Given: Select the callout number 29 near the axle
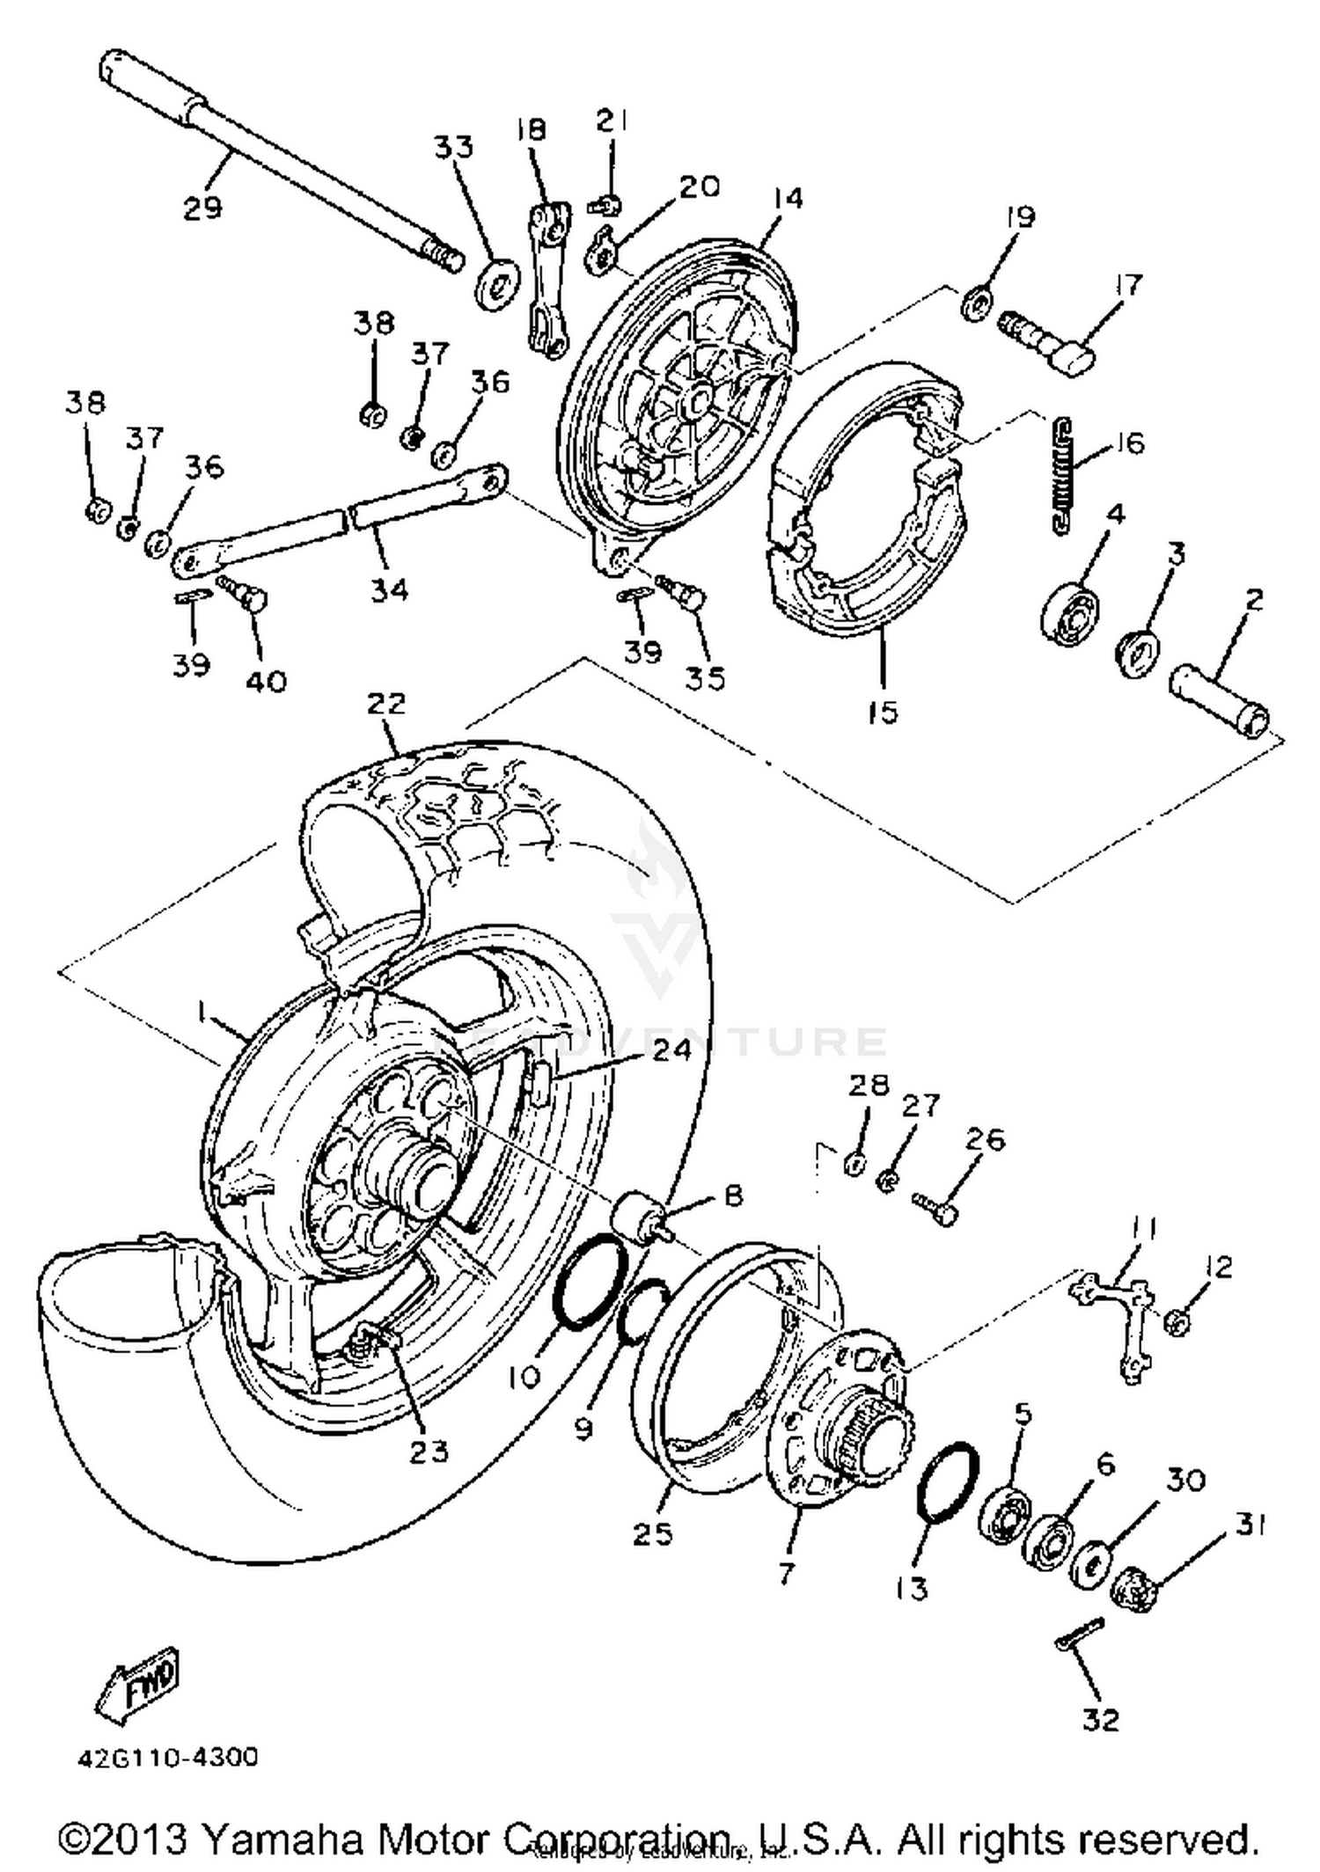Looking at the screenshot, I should pyautogui.click(x=202, y=208).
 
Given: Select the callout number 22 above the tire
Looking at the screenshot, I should pyautogui.click(x=386, y=704).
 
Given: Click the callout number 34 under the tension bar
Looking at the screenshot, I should pyautogui.click(x=388, y=589).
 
